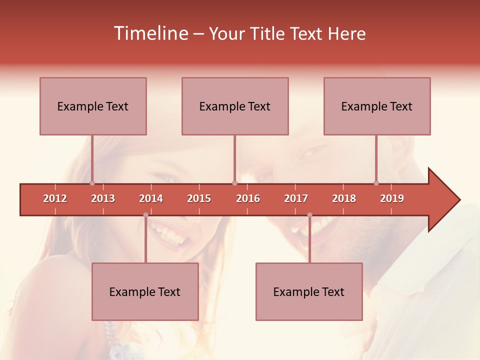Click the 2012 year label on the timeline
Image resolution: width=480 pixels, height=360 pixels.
click(55, 198)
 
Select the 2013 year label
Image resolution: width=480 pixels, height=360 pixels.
click(103, 198)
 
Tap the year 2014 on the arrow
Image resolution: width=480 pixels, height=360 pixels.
click(151, 198)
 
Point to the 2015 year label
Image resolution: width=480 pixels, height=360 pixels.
click(199, 198)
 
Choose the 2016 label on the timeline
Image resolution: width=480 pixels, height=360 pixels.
click(248, 198)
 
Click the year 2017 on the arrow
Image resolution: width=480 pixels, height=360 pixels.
click(296, 198)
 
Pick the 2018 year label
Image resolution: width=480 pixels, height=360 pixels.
click(344, 198)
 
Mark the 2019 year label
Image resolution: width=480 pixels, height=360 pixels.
click(392, 198)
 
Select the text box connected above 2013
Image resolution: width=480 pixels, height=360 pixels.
click(93, 106)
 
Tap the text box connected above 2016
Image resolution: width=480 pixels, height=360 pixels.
click(235, 106)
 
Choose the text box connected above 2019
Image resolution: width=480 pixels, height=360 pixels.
click(377, 106)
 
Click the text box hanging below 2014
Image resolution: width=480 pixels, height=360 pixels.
click(145, 291)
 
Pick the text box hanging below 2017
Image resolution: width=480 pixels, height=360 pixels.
click(309, 291)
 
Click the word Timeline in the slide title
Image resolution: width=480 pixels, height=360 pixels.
click(150, 33)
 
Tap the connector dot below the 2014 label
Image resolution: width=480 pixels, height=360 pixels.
click(145, 215)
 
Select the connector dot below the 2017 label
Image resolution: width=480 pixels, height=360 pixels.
click(309, 215)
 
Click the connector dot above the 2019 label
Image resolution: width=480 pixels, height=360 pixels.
click(376, 183)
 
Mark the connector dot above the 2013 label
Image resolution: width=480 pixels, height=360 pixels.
click(92, 183)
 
